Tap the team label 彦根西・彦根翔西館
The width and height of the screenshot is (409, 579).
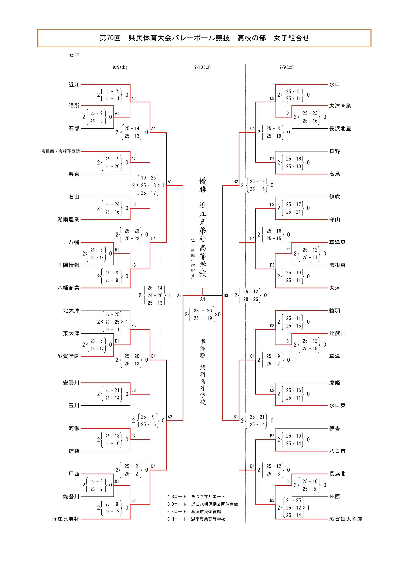click(x=61, y=151)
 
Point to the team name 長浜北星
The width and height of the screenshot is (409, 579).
click(x=340, y=128)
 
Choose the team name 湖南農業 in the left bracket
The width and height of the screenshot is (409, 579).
click(x=68, y=220)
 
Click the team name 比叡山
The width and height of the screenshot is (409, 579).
click(x=337, y=333)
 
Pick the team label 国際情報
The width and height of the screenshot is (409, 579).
click(x=68, y=265)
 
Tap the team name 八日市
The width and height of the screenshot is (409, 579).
click(x=337, y=451)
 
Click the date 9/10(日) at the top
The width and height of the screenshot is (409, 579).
click(x=202, y=67)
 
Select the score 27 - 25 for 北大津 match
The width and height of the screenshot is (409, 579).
click(x=112, y=314)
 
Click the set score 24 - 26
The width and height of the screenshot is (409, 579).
click(x=155, y=295)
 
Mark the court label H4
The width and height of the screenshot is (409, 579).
click(x=153, y=238)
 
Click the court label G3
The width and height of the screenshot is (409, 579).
click(x=272, y=326)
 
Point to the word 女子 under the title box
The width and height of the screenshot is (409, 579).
click(x=74, y=55)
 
